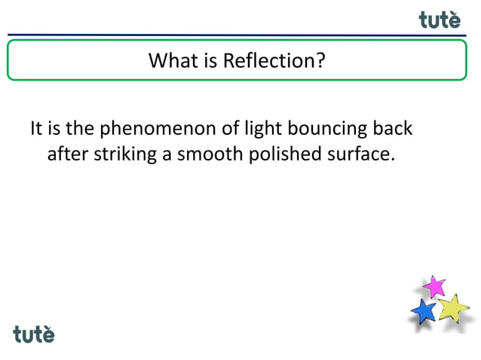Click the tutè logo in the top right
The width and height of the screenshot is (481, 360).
[440, 20]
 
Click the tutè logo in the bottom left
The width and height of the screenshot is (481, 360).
[34, 334]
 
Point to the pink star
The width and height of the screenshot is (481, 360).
[434, 286]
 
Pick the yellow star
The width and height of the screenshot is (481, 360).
[452, 307]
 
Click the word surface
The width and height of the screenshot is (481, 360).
[357, 155]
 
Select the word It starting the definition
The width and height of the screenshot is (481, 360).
[36, 129]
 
